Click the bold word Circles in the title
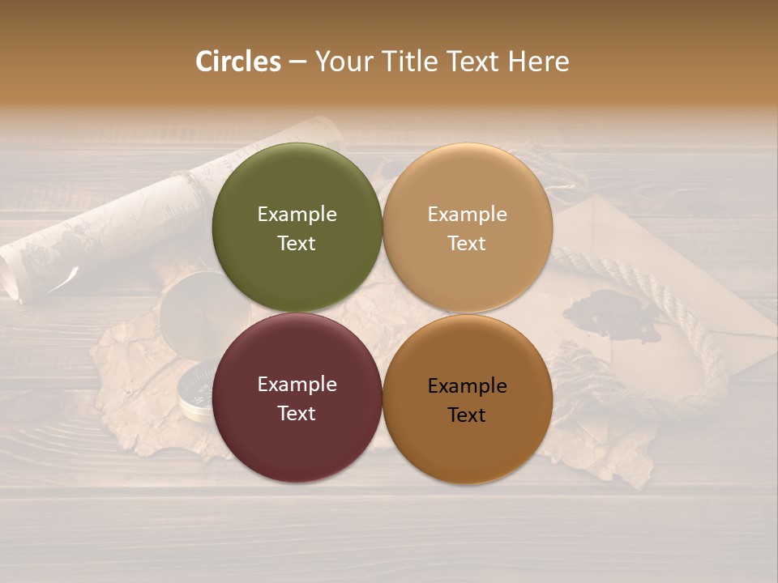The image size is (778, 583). click(238, 62)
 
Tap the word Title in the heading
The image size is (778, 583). click(408, 62)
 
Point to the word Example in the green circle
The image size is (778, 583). click(297, 215)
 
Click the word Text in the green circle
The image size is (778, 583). click(297, 244)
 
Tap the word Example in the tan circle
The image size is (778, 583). click(468, 215)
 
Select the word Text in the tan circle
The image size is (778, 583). click(468, 244)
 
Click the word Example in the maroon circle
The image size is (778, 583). click(297, 385)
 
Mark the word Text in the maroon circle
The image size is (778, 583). click(297, 414)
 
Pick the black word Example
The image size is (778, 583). click(468, 386)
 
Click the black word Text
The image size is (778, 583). click(468, 415)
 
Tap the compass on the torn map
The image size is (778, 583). click(194, 389)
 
